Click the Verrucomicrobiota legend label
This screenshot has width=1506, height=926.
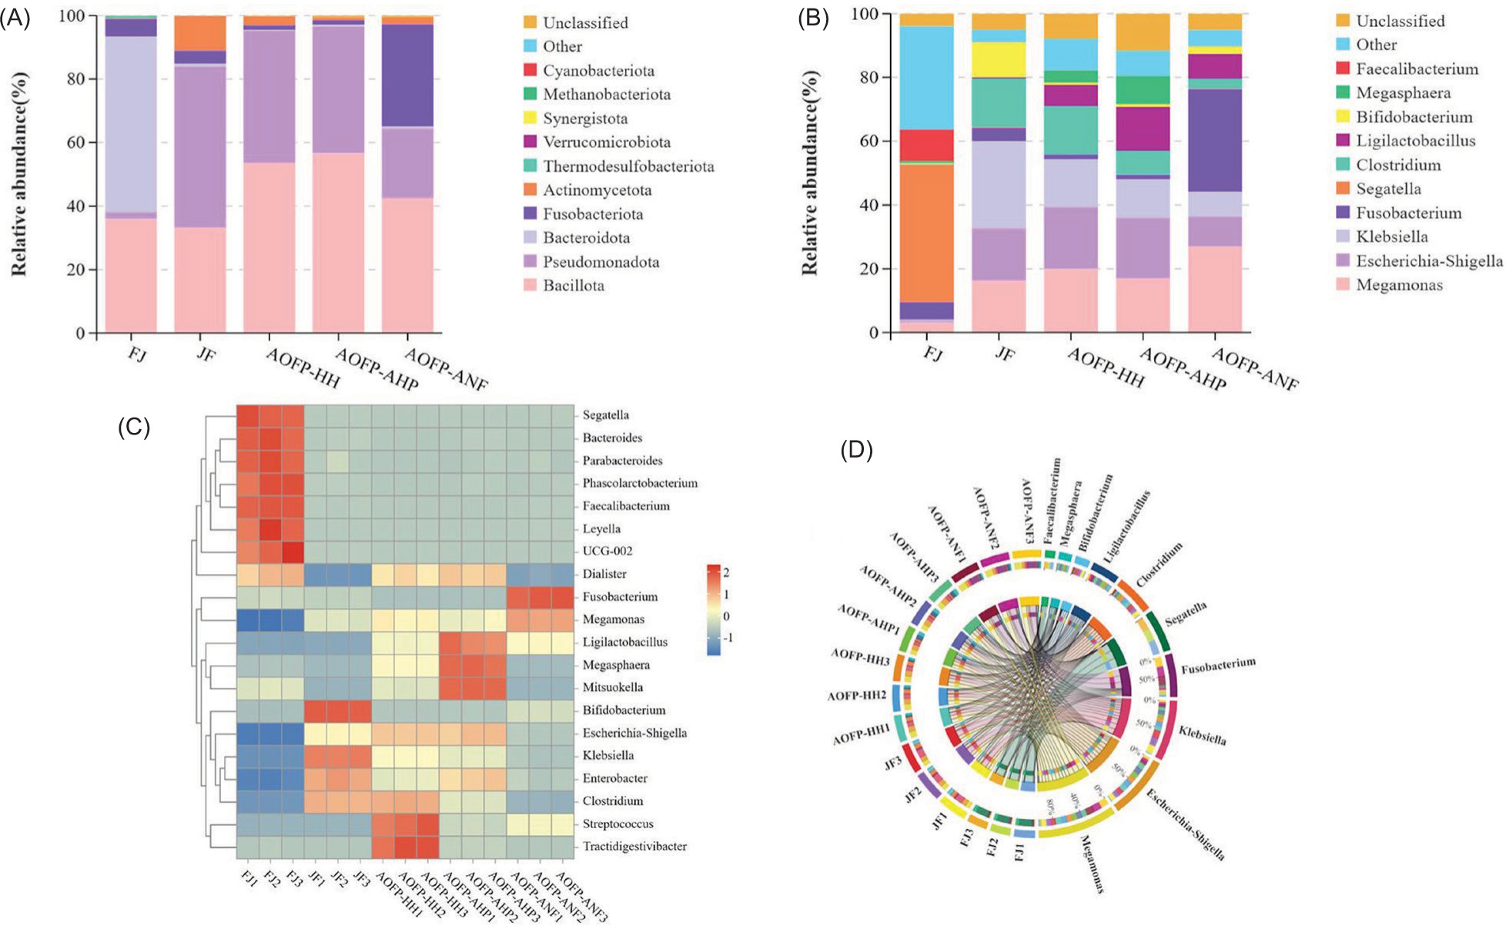(x=606, y=143)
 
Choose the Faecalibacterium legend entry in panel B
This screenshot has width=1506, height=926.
(x=1417, y=69)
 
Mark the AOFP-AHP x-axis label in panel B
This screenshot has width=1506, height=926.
(x=1182, y=368)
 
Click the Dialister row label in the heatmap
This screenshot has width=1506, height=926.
(x=604, y=574)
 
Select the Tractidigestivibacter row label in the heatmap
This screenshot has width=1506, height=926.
(x=634, y=847)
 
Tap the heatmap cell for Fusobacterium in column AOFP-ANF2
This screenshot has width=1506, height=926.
(x=540, y=596)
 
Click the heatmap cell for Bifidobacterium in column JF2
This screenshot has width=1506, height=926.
(x=338, y=710)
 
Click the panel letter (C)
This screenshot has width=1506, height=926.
(x=133, y=427)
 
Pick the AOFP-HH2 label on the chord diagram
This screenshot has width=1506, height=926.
(x=857, y=696)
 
